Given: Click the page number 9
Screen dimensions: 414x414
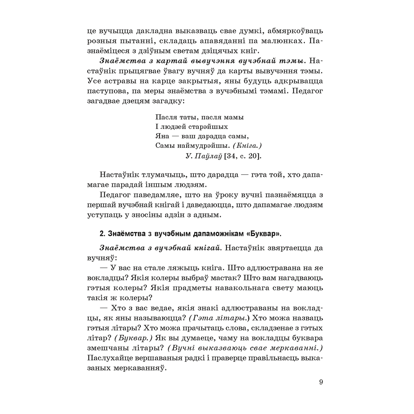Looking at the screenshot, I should click(321, 382).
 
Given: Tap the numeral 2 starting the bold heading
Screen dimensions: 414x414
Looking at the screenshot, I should click(102, 234).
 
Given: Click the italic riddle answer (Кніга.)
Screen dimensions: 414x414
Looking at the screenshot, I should click(248, 146).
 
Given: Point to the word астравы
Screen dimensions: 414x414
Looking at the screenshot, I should click(120, 80).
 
